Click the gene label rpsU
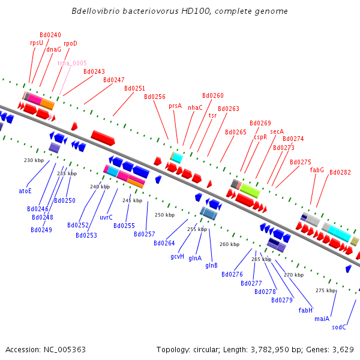click(37, 43)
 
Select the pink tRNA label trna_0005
click(72, 63)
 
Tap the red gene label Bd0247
click(114, 80)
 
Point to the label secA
click(277, 131)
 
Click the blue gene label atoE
click(25, 191)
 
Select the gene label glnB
click(212, 265)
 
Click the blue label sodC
click(339, 327)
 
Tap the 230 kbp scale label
click(34, 160)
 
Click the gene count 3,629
click(341, 349)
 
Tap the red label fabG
click(317, 170)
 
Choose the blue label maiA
click(322, 319)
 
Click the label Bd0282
click(340, 172)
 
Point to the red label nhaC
click(196, 108)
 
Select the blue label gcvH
click(177, 256)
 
